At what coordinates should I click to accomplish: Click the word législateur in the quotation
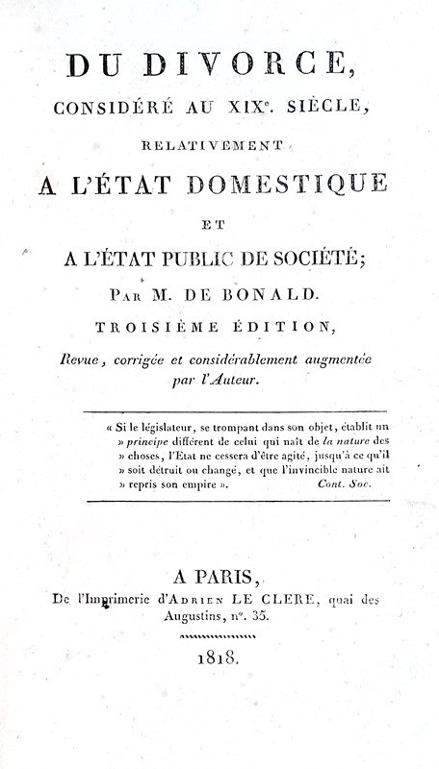(167, 420)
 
